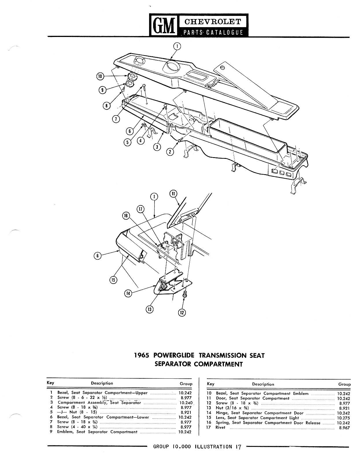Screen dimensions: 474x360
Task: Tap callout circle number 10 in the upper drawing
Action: pos(100,77)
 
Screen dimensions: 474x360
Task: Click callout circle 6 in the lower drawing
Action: pos(98,255)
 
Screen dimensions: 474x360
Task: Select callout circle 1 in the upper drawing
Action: pos(177,46)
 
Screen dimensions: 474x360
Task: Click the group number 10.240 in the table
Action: pos(186,403)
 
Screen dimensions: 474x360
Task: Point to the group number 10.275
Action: pos(344,418)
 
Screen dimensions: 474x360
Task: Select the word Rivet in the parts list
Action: pos(220,427)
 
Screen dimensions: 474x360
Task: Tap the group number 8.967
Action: pos(344,428)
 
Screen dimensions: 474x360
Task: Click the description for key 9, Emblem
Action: pos(97,432)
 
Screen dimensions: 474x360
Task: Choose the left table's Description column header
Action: pos(102,383)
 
